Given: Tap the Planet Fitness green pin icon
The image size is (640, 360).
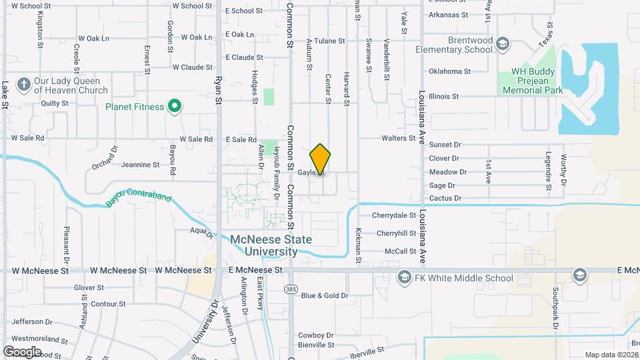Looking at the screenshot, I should click(175, 106).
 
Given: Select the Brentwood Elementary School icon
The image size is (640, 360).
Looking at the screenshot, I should click(503, 45).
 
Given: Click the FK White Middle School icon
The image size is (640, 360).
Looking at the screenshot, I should click(403, 278).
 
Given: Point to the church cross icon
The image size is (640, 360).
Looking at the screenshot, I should click(23, 85).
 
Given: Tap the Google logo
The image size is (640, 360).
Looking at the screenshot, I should click(22, 351).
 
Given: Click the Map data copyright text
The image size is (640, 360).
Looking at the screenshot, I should click(611, 355).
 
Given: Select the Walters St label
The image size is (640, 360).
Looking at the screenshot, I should click(398, 139).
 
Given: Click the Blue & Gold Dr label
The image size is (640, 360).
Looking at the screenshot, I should click(324, 295).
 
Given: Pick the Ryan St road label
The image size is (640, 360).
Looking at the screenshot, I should click(217, 90).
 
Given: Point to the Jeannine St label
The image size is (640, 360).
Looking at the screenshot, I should click(139, 165).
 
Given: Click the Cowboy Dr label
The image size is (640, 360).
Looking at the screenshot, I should click(315, 335).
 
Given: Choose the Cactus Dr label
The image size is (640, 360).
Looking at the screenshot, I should click(445, 198).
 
